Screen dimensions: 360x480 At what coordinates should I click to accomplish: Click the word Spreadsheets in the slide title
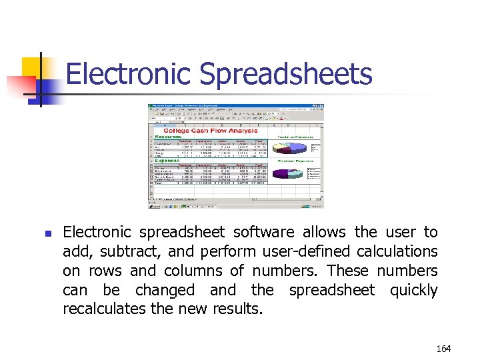click(x=286, y=75)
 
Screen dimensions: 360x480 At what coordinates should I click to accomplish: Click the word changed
click(x=165, y=291)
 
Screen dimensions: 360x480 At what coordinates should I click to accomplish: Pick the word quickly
click(x=413, y=291)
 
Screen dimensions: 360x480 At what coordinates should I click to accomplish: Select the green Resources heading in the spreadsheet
click(x=167, y=136)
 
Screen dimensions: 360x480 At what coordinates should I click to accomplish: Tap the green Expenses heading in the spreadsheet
click(x=166, y=161)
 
